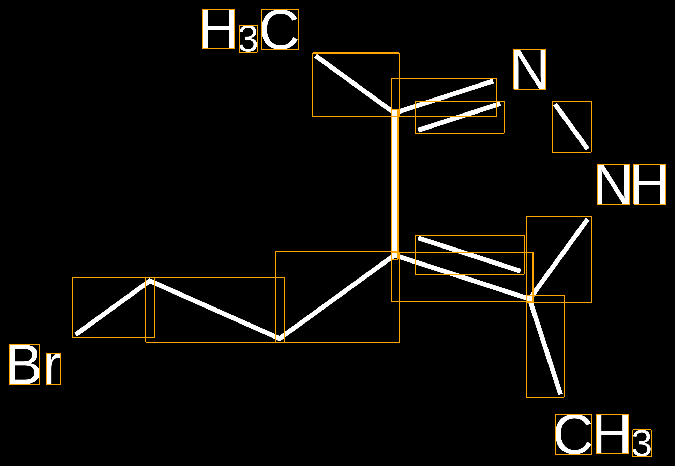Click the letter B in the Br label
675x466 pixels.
tap(25, 364)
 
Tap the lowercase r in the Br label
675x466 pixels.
tap(54, 369)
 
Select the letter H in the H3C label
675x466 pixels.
tap(219, 29)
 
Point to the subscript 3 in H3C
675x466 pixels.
tap(248, 39)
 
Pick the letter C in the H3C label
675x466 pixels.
tap(280, 30)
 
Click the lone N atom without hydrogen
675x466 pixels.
tap(530, 70)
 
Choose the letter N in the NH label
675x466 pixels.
tap(613, 184)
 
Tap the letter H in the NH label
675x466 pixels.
tap(650, 184)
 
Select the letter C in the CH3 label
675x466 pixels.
tap(574, 434)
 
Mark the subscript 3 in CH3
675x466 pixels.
tap(642, 443)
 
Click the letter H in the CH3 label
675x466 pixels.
tap(612, 434)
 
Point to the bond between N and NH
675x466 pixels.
tap(572, 127)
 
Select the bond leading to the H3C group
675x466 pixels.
tap(356, 84)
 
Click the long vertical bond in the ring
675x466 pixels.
tap(395, 184)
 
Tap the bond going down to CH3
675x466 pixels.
tap(545, 346)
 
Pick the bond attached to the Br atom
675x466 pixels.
tap(113, 307)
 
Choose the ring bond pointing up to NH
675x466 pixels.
tap(558, 259)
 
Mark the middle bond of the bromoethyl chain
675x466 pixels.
tap(215, 310)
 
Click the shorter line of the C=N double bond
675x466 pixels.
tap(460, 117)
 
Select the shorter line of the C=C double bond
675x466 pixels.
tap(469, 255)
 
